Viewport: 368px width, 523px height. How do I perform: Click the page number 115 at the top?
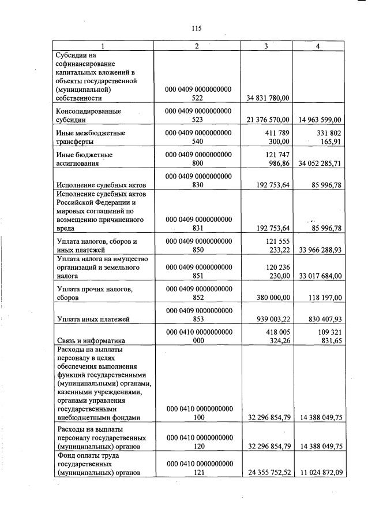[x=196, y=28]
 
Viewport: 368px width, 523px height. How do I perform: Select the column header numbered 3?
[x=266, y=46]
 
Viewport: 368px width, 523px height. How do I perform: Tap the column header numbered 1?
[x=103, y=46]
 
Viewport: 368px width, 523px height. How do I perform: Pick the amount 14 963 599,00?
[x=320, y=120]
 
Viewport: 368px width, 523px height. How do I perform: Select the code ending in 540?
[x=198, y=138]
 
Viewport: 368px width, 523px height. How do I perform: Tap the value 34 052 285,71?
[x=320, y=164]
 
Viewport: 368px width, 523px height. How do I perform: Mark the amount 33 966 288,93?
[x=320, y=250]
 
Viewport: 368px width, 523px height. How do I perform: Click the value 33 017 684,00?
[x=320, y=276]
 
